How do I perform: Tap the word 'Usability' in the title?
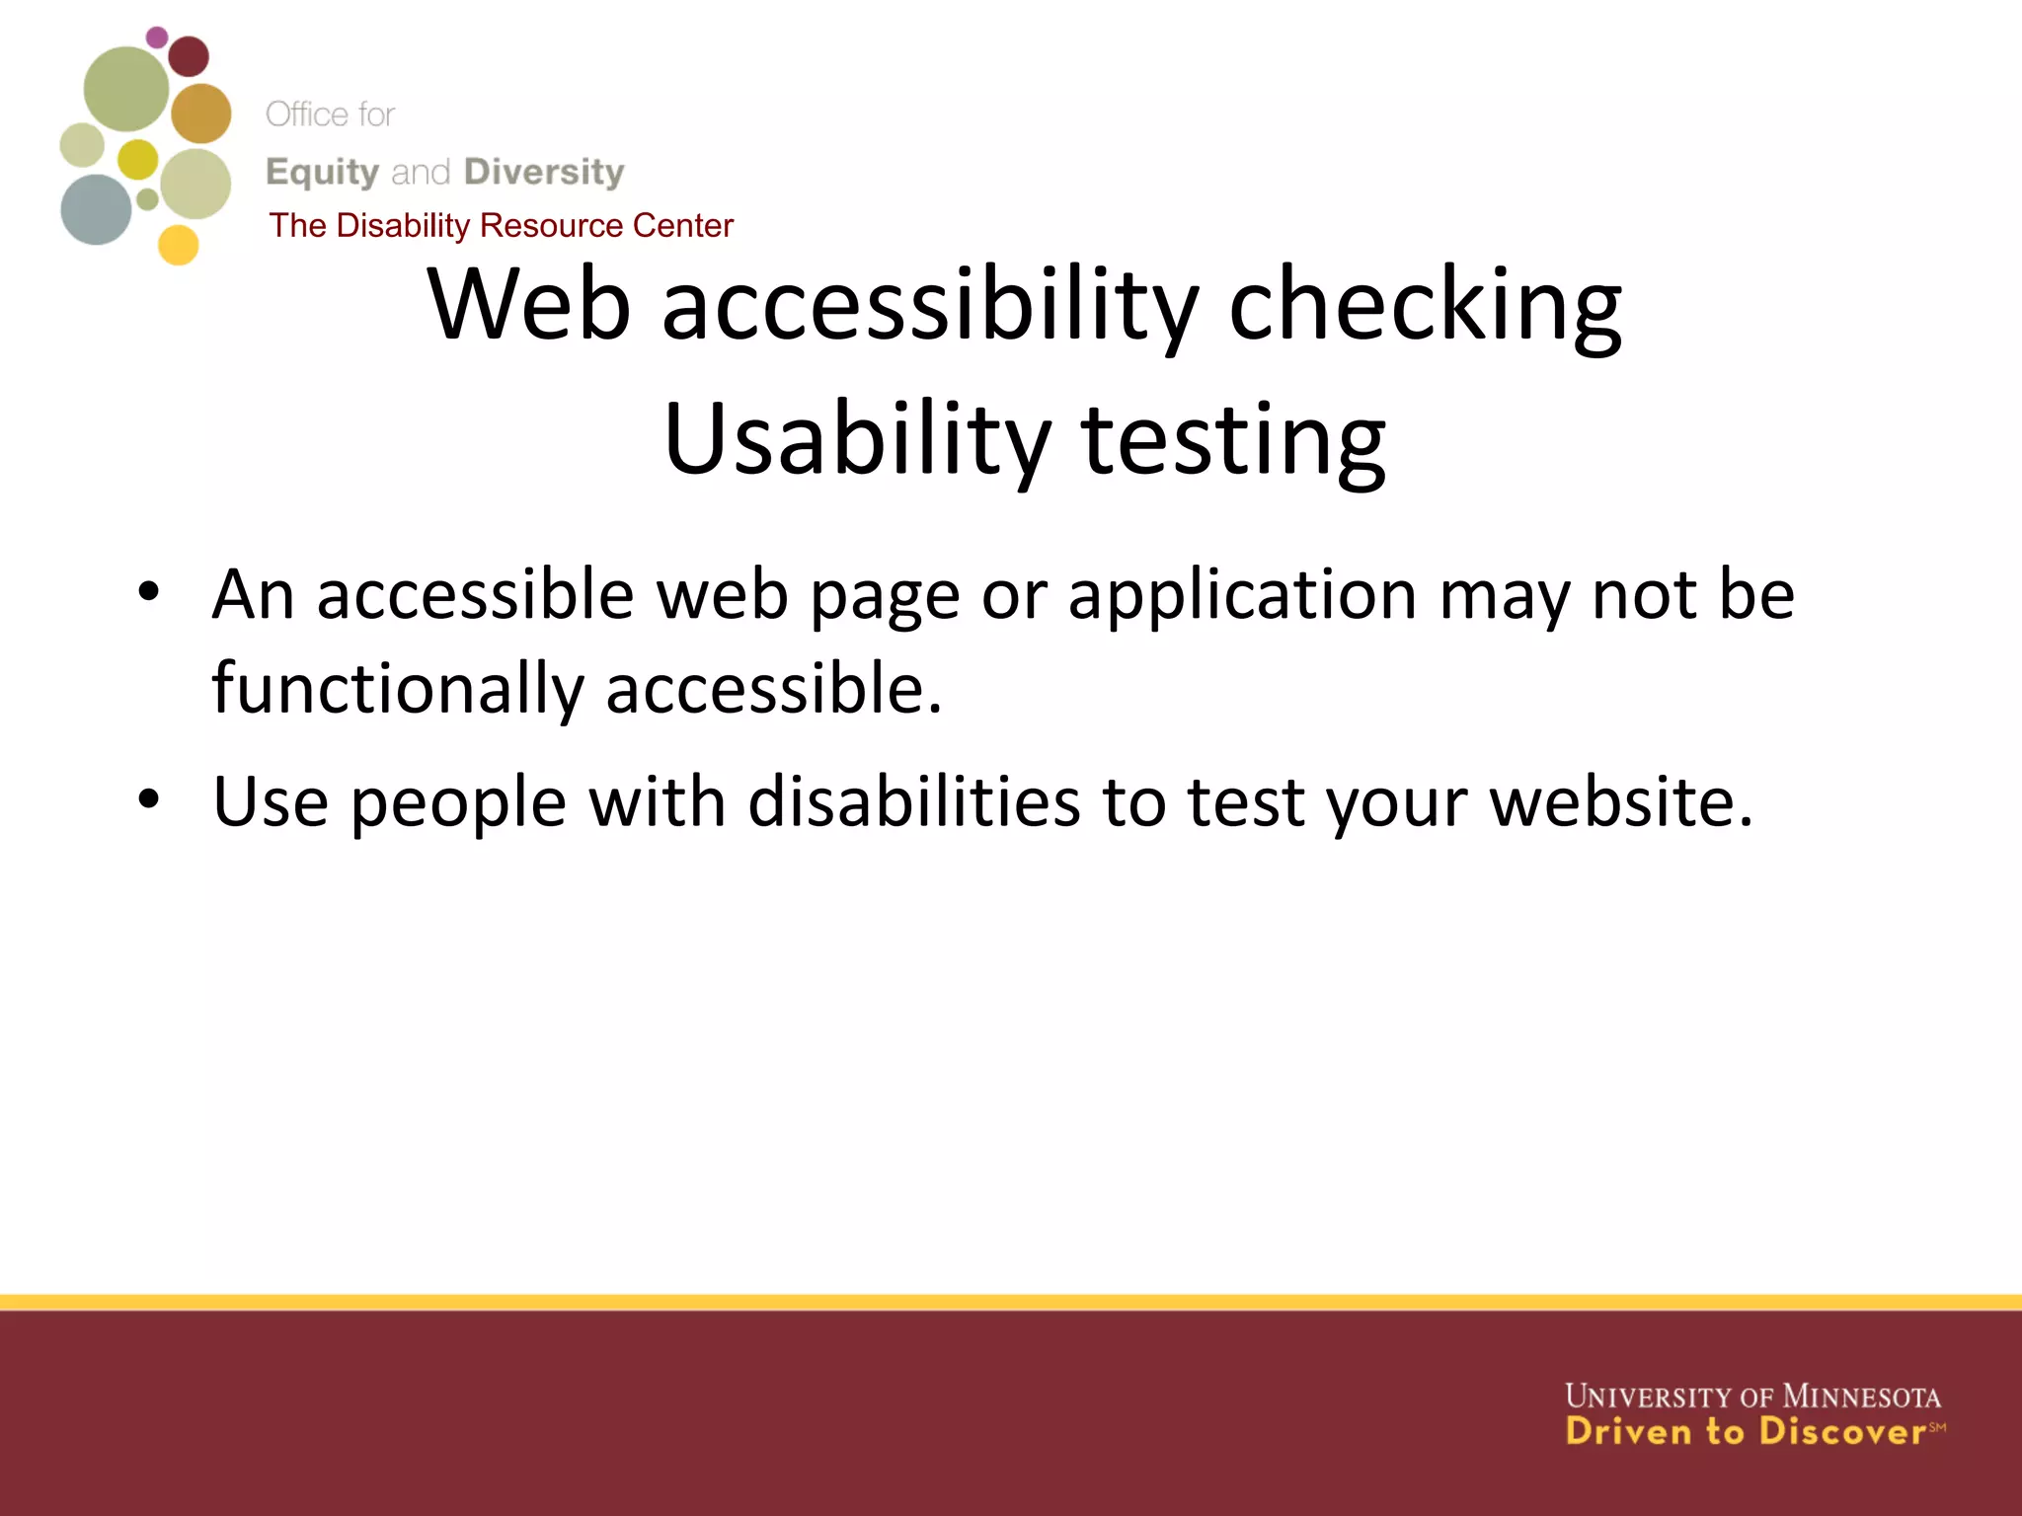857,440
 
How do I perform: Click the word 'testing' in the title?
1233,440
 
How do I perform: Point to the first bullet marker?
148,592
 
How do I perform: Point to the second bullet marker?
148,797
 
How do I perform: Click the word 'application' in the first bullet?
1242,596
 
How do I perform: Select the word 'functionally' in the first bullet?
398,689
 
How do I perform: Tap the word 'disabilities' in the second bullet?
913,801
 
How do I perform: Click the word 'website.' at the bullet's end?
1621,801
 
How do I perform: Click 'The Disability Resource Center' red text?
501,225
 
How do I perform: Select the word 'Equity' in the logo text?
323,173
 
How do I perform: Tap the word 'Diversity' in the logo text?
544,172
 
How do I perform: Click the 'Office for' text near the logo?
330,114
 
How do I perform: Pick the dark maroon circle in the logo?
189,56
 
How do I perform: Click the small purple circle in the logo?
157,38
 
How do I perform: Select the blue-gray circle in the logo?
96,209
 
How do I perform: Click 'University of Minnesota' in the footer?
1752,1397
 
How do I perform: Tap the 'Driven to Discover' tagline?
1746,1431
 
